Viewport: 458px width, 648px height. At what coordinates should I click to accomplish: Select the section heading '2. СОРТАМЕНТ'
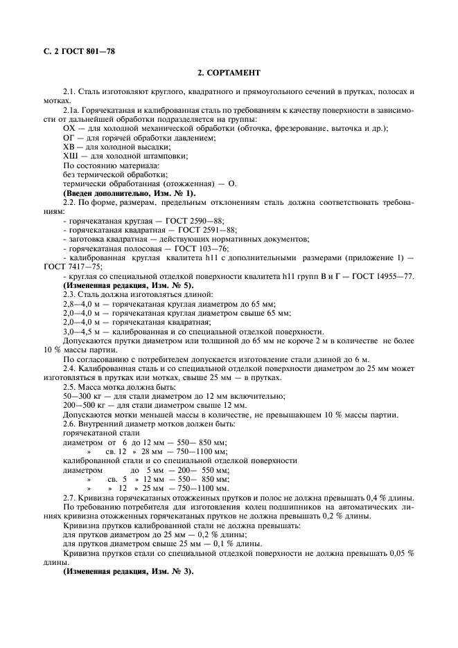(229, 73)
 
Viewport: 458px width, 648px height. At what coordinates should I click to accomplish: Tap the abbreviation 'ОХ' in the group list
(69, 128)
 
